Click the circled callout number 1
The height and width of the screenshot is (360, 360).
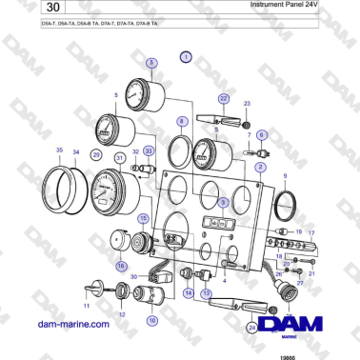click(185, 57)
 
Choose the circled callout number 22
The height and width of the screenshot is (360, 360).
click(224, 98)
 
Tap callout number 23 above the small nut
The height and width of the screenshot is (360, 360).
click(247, 102)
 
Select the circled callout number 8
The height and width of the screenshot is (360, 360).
click(181, 121)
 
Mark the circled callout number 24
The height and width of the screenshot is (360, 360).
click(250, 328)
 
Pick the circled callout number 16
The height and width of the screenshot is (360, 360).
click(121, 266)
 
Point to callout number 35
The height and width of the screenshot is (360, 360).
click(59, 150)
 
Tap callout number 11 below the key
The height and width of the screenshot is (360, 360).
click(87, 307)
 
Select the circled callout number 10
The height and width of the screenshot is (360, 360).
click(151, 321)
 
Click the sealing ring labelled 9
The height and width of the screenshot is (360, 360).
click(284, 204)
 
